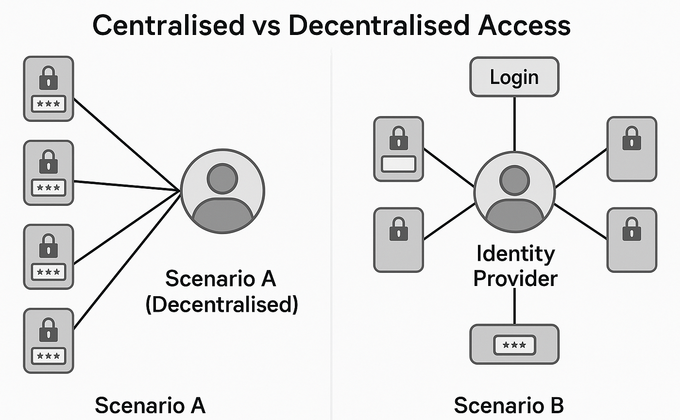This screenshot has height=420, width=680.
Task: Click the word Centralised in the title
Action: (x=168, y=25)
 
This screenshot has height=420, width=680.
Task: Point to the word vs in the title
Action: (x=266, y=25)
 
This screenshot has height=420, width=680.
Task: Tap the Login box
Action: (x=514, y=77)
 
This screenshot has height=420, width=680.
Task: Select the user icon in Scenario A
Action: (x=222, y=192)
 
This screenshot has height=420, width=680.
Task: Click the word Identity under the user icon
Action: (x=515, y=253)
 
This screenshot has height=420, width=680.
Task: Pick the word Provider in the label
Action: (x=515, y=279)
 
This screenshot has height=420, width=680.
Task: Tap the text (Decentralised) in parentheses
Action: (x=222, y=305)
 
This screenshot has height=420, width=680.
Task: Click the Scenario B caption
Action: (x=509, y=405)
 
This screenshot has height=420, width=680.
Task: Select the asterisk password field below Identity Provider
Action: (x=514, y=345)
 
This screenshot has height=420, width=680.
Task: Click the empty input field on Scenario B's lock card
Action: (x=398, y=164)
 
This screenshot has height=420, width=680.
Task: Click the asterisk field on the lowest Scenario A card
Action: (x=48, y=356)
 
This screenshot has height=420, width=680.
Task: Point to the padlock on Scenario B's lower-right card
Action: (x=631, y=230)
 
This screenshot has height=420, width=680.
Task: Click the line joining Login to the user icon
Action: (x=514, y=124)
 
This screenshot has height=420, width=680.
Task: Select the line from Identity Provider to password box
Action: (x=514, y=307)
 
